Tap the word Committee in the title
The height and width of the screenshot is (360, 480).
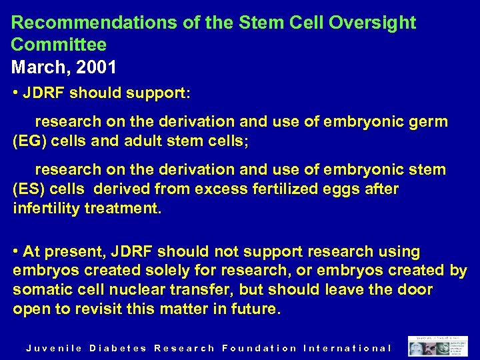pos(59,45)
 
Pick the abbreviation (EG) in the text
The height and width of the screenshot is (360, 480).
pos(30,141)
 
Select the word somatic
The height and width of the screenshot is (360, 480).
pos(41,290)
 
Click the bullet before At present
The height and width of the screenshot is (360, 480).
pos(15,252)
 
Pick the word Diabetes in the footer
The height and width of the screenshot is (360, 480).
pos(118,348)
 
